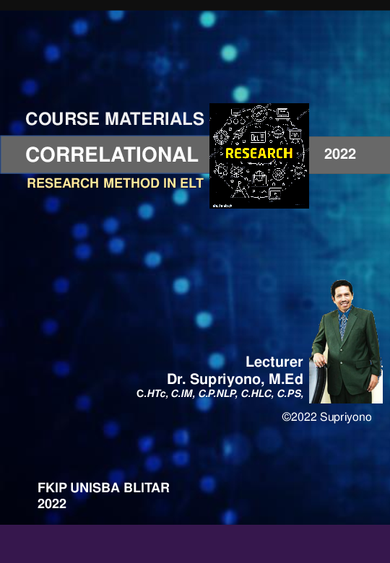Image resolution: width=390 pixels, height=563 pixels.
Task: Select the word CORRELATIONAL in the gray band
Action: (112, 154)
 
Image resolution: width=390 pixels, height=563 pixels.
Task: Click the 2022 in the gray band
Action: (340, 154)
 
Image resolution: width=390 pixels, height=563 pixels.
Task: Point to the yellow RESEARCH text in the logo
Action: (259, 153)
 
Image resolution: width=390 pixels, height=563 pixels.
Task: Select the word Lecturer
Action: (274, 362)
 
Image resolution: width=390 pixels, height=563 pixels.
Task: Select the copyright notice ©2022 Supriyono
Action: (326, 417)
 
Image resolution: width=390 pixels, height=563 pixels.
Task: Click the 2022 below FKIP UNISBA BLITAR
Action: (51, 504)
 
